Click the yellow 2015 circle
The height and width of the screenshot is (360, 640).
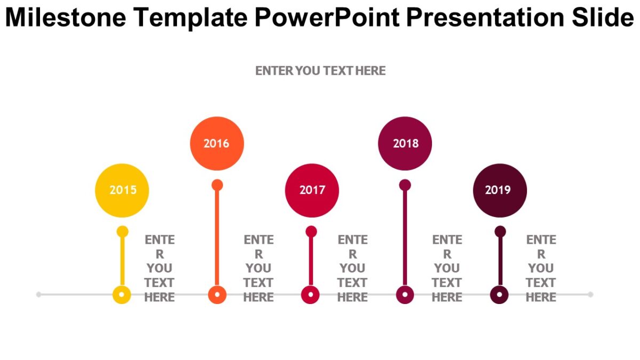[122, 190]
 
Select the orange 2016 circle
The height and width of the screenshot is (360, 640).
[217, 143]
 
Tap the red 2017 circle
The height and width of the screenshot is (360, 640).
[312, 190]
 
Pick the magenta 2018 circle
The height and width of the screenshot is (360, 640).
[405, 143]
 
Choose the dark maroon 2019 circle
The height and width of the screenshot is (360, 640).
[500, 190]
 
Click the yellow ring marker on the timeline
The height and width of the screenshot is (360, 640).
[122, 294]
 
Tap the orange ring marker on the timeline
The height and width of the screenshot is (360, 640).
[217, 294]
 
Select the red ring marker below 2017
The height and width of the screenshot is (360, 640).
[310, 294]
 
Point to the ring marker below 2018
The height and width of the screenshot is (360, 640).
[405, 294]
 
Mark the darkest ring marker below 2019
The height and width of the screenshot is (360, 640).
[499, 294]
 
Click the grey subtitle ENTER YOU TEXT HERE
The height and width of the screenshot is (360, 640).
[320, 70]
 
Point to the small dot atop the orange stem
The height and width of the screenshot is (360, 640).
[217, 185]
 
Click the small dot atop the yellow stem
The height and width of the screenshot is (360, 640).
[122, 231]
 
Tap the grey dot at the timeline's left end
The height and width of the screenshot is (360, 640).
[38, 294]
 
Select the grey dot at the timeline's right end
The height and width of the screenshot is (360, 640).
[590, 294]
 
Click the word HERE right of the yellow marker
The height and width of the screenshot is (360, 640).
[159, 297]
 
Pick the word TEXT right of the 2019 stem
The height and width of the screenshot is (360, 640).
[541, 283]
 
